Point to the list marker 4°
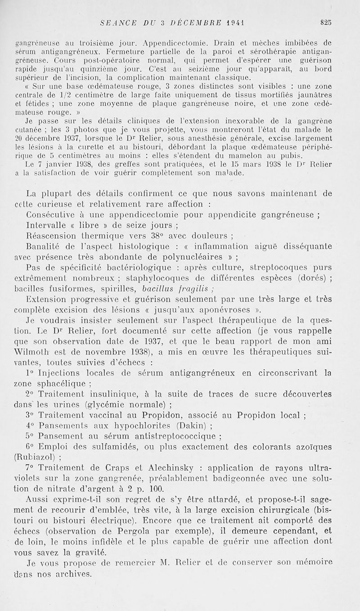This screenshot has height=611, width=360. [30, 425]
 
